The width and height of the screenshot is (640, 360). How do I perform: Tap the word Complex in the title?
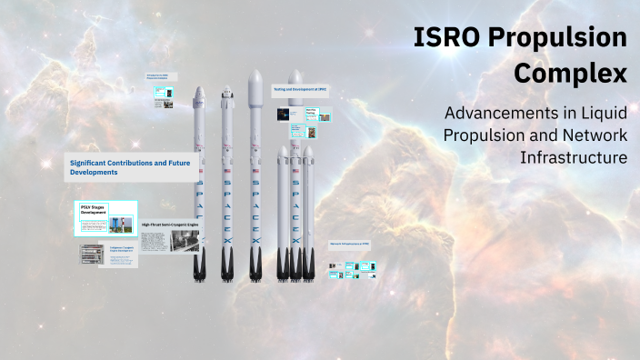[x=571, y=73]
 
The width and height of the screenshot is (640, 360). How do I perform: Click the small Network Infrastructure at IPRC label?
[x=349, y=244]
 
